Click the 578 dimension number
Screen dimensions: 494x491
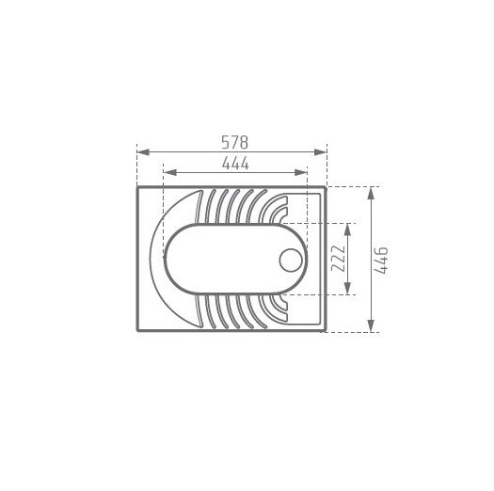(235, 142)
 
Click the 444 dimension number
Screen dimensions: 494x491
(235, 164)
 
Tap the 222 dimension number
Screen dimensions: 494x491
(339, 259)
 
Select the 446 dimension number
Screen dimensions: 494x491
(381, 261)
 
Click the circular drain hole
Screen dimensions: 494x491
(291, 261)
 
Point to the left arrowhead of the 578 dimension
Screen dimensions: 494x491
(143, 152)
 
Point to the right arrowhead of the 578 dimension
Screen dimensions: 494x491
(321, 152)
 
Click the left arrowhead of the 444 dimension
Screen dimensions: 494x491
(169, 172)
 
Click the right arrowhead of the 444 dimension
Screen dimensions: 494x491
(301, 172)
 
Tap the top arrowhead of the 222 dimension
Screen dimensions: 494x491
(347, 230)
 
